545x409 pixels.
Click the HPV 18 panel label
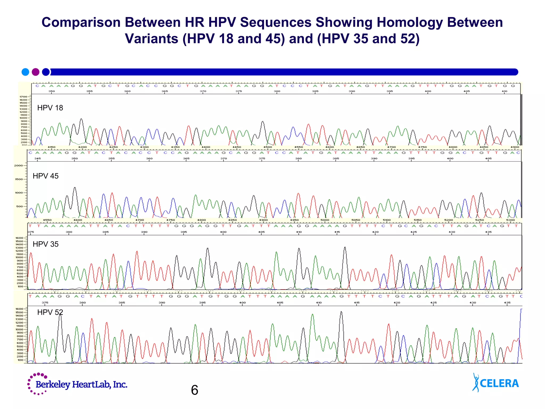pos(50,108)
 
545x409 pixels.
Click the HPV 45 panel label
pos(46,176)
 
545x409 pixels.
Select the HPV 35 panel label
pos(46,244)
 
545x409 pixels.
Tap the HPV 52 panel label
pos(50,312)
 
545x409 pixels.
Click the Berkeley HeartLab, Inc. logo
pos(77,384)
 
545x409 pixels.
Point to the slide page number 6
pos(195,390)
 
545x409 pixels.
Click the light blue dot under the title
pos(25,72)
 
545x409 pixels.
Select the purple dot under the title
pos(36,72)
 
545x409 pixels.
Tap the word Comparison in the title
pos(81,22)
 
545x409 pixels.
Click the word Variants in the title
pos(151,39)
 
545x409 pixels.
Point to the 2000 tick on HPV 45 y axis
pos(19,166)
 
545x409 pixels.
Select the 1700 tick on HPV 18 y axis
pos(23,97)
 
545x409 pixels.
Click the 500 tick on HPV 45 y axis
pos(19,206)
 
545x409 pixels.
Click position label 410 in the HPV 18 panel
pos(504,91)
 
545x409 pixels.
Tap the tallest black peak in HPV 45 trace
pos(75,188)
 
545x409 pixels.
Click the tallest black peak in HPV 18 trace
pos(81,119)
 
